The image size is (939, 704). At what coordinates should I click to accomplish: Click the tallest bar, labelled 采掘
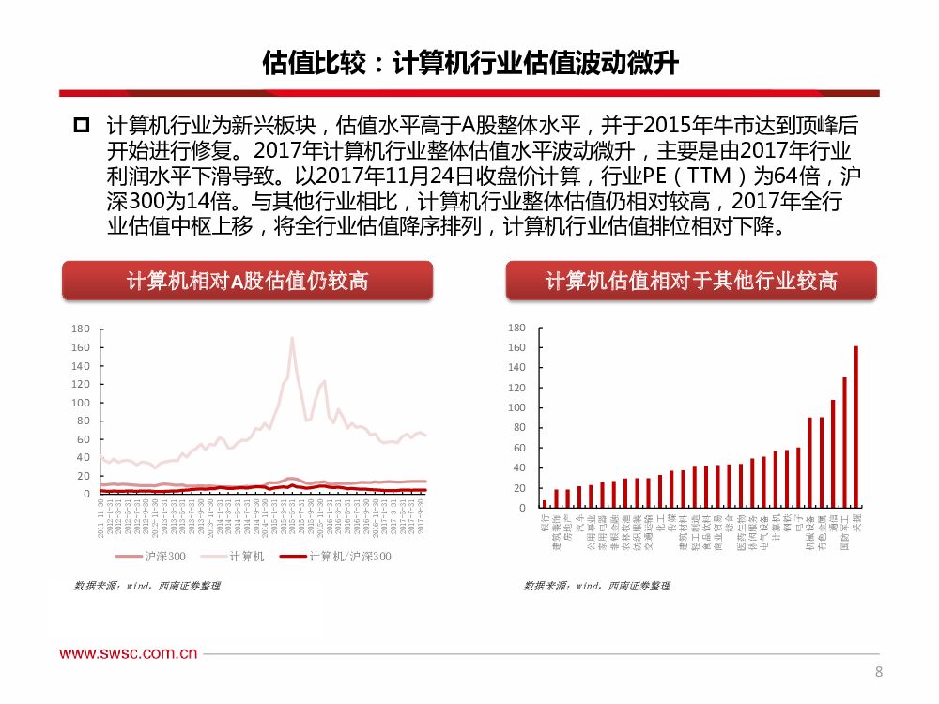click(855, 427)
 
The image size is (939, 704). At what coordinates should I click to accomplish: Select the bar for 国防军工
click(844, 442)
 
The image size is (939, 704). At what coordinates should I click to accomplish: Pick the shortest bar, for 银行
click(545, 504)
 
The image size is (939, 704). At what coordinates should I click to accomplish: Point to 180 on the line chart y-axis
click(80, 329)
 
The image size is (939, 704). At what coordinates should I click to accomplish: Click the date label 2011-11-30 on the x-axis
click(101, 518)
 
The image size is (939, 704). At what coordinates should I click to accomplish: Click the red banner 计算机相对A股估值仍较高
click(248, 281)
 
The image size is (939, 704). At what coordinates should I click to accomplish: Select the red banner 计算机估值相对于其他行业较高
click(691, 281)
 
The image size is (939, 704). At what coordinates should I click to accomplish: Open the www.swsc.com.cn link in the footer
click(129, 654)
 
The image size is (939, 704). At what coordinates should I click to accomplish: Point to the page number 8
click(878, 671)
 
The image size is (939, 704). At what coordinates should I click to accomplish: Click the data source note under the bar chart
click(597, 586)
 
